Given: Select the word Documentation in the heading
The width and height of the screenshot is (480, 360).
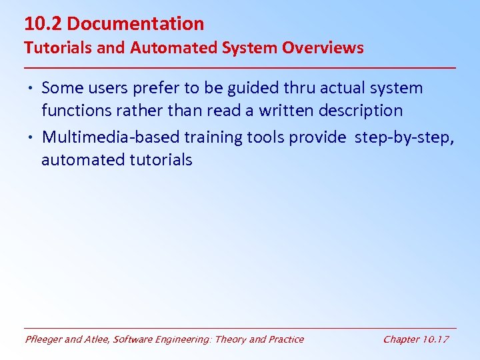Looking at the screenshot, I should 135,24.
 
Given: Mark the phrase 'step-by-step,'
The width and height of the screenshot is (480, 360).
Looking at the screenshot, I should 405,137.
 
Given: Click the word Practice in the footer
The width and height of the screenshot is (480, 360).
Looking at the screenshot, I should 285,339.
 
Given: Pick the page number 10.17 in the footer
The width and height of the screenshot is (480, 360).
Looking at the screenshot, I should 436,339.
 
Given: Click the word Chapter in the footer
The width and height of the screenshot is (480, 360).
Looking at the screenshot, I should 401,339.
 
